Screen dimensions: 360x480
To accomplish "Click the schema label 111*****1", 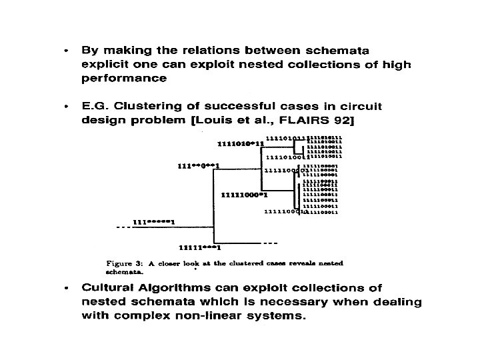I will point(153,221).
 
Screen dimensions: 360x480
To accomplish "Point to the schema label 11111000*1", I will point(244,195).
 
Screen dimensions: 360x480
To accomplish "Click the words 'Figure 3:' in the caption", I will point(125,263).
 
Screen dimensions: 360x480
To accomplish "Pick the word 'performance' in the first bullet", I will point(124,78).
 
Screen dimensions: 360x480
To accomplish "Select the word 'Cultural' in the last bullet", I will point(108,288).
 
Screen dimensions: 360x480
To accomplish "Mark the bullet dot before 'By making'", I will point(65,50).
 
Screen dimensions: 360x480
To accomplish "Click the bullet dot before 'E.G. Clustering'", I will point(65,107).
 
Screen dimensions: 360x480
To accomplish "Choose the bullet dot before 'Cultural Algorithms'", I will point(65,288).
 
